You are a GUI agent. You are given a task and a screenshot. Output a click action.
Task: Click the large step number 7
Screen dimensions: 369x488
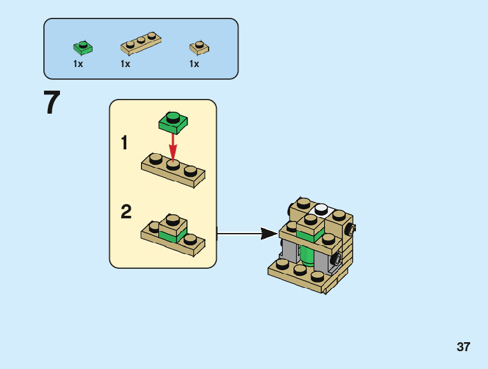tap(52, 103)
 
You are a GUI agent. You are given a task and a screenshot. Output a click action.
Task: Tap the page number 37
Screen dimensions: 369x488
tap(463, 347)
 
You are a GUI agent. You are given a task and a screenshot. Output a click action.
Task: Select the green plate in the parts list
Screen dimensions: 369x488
tap(82, 47)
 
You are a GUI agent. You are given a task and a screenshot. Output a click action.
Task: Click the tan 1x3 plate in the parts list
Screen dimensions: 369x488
tap(140, 44)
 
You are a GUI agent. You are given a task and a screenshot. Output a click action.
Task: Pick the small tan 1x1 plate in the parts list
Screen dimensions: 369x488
tap(199, 47)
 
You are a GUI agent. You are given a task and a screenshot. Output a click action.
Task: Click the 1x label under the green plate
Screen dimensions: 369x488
tap(78, 64)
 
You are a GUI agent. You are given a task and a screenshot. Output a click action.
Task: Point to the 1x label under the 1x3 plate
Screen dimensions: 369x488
tap(125, 64)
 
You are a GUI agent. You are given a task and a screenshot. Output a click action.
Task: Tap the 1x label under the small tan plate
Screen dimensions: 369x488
tap(194, 64)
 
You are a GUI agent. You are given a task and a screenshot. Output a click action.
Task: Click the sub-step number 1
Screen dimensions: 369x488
tap(124, 143)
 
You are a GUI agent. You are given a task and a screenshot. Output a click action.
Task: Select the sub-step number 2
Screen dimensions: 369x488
tap(126, 212)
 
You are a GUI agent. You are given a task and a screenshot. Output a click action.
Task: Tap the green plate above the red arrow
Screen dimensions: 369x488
tap(174, 121)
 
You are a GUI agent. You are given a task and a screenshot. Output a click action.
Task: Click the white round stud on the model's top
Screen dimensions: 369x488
tap(321, 208)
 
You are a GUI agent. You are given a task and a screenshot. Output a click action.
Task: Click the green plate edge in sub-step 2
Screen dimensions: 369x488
tap(168, 236)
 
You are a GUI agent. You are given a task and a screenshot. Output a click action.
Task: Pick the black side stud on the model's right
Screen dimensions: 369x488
tap(349, 229)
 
